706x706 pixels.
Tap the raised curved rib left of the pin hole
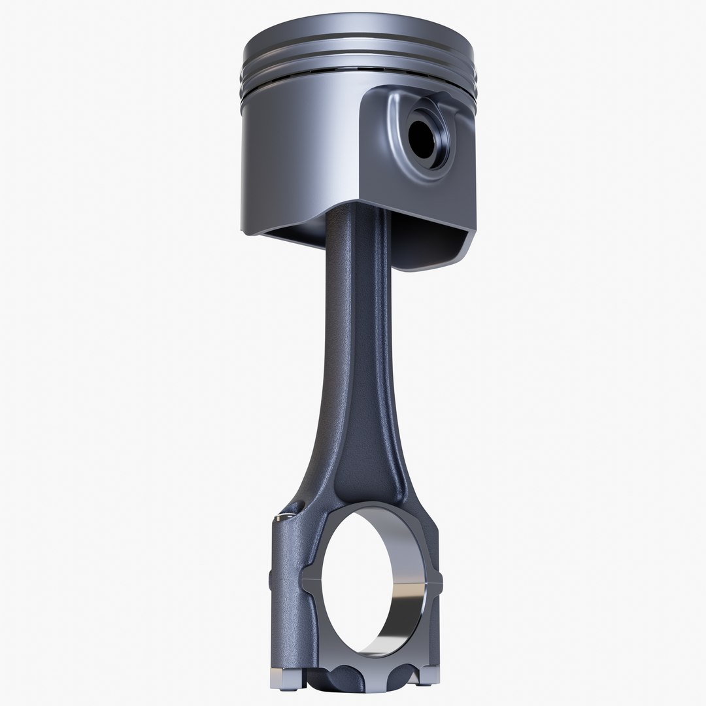coord(392,131)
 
